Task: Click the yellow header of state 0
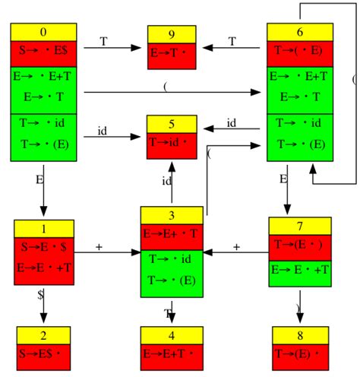coord(43,32)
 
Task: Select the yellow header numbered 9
coord(171,34)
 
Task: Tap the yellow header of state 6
coord(301,32)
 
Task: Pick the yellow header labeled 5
coord(171,123)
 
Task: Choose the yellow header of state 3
coord(172,215)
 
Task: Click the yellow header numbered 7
coord(301,226)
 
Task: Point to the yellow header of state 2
coord(43,335)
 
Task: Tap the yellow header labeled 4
coord(172,335)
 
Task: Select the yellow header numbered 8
coord(301,335)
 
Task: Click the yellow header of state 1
coord(43,228)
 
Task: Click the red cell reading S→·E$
coord(43,52)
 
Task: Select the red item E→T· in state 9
coord(171,53)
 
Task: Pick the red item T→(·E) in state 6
coord(301,52)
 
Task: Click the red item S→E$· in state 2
coord(43,354)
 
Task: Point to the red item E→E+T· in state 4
coord(172,354)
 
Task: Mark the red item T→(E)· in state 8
coord(301,354)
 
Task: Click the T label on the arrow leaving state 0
coord(103,42)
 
